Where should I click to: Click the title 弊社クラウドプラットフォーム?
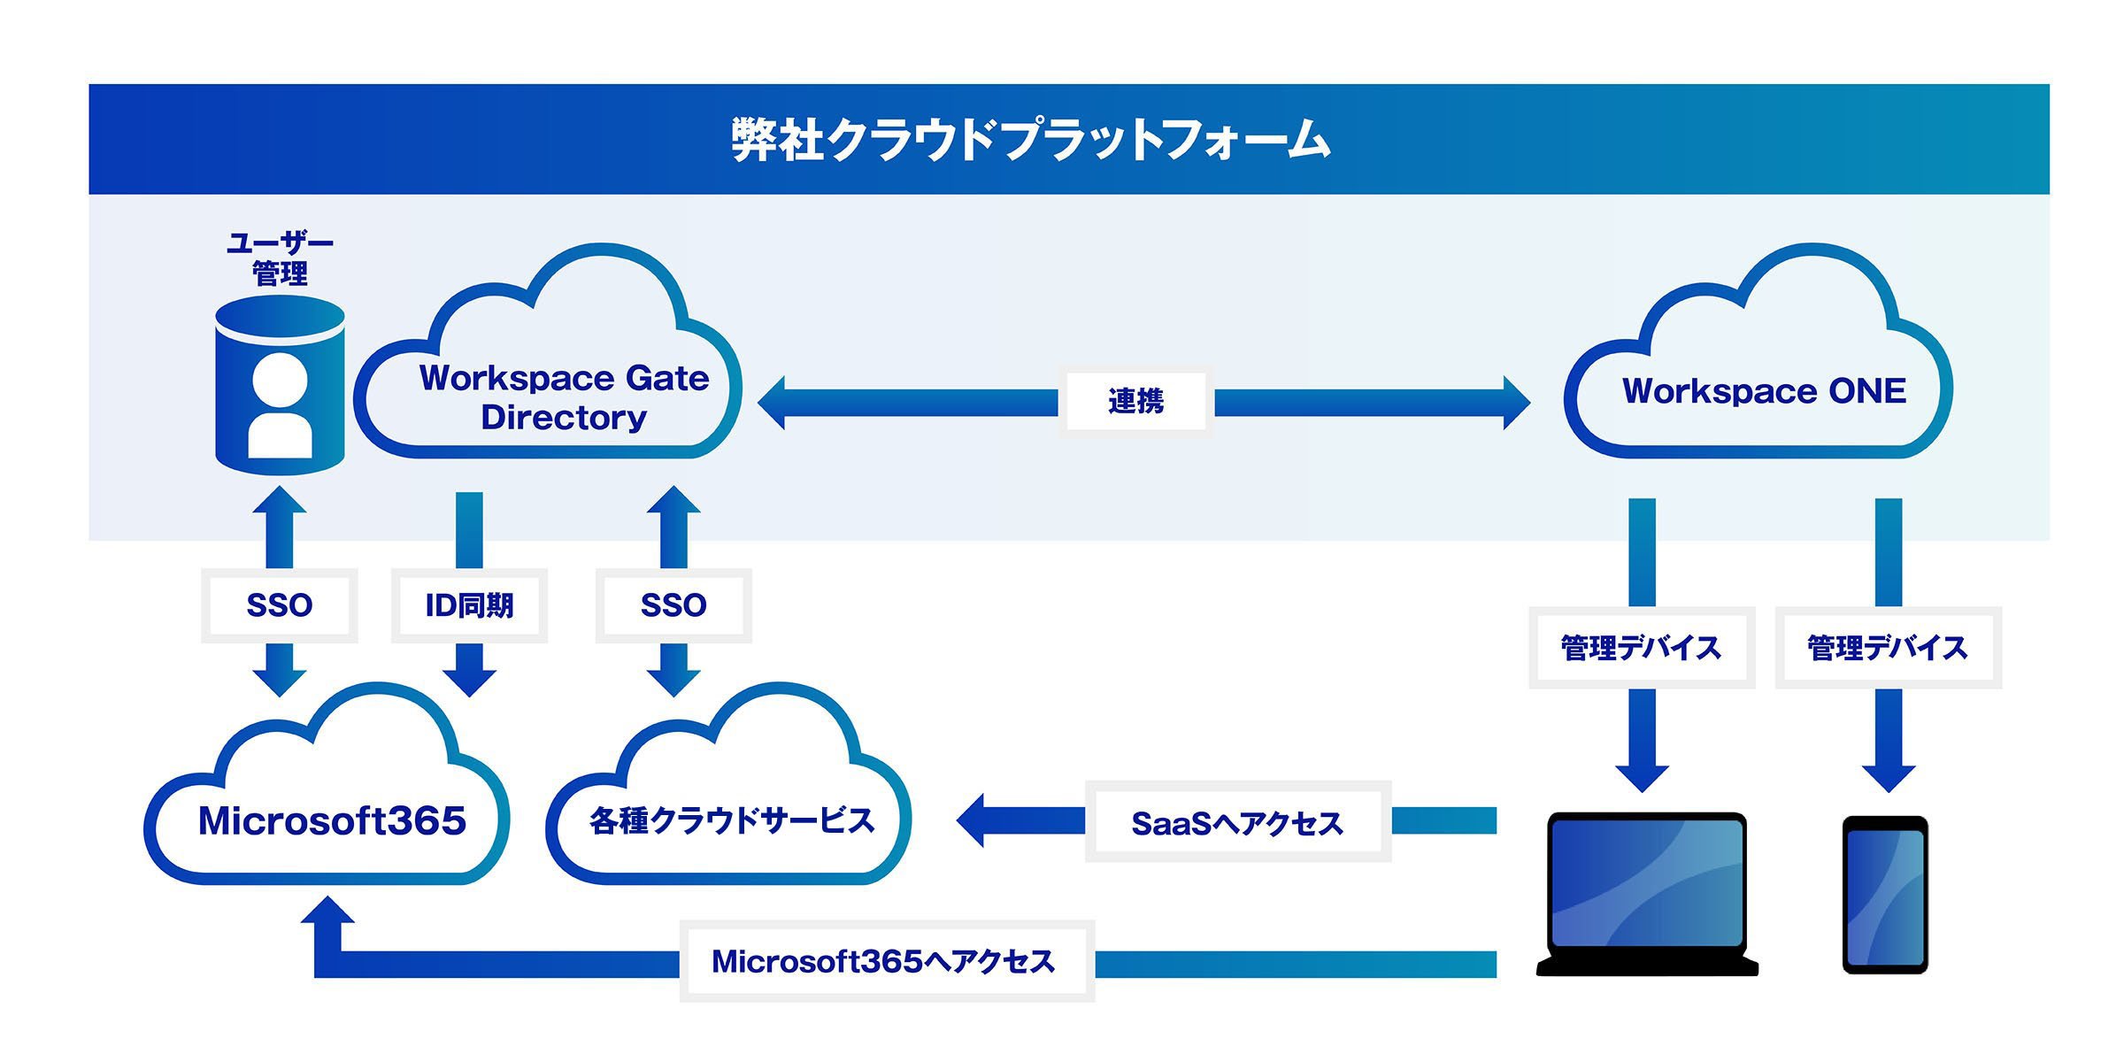1031,140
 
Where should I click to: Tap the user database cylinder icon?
280,385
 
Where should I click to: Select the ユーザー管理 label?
280,258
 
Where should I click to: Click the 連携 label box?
1135,401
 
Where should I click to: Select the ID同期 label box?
469,605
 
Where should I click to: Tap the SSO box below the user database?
280,605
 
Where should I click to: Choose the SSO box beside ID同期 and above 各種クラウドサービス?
673,605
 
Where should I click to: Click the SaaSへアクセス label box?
1238,821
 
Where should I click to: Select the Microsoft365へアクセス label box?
887,961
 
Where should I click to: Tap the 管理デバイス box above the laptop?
1642,648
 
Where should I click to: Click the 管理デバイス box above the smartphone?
1889,648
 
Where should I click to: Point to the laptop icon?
1647,894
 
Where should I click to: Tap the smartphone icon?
1885,895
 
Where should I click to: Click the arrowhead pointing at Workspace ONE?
1516,403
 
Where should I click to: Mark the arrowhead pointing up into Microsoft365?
327,910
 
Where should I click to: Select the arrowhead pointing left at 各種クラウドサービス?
970,820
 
